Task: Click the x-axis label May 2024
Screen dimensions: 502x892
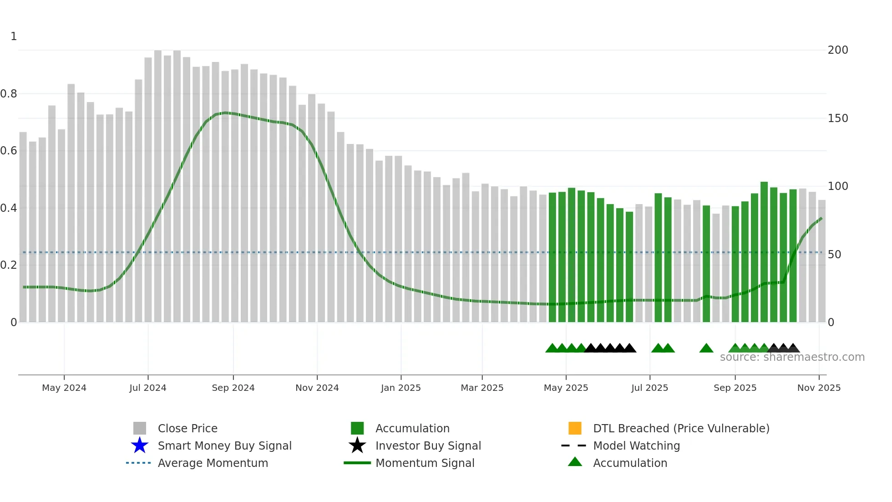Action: point(64,388)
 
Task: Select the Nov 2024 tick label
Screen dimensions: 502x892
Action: point(317,388)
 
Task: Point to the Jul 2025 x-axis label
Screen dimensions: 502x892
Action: point(649,388)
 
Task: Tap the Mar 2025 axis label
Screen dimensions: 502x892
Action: point(482,388)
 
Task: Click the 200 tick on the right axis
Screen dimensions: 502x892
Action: point(838,50)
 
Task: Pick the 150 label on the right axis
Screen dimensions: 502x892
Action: point(838,118)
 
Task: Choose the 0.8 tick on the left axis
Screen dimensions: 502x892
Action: point(9,94)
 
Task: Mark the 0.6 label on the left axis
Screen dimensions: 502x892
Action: point(9,151)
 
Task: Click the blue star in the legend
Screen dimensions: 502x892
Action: point(140,446)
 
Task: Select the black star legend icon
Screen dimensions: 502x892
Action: point(357,446)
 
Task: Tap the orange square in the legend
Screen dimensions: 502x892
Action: point(575,428)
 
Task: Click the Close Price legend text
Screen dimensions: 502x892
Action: point(188,428)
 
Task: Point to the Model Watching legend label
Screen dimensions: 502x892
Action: point(636,446)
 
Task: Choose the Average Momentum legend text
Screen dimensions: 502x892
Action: point(213,463)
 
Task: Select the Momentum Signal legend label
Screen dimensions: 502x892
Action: point(425,463)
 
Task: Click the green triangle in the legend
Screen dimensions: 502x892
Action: point(575,462)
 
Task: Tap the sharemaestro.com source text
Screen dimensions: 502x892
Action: point(792,357)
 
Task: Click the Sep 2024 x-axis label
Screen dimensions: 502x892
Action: point(233,388)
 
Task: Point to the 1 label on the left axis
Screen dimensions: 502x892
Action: point(14,36)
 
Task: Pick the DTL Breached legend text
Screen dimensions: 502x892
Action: point(681,428)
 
